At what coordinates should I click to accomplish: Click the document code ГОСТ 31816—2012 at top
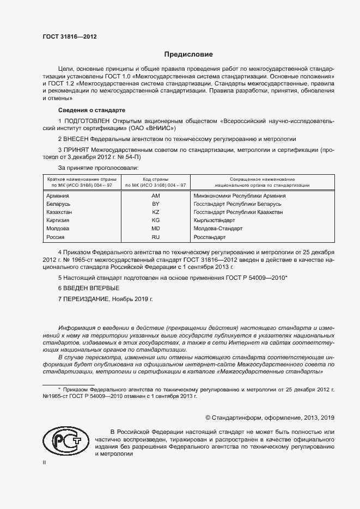[x=70, y=36]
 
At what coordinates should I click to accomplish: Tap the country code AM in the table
[x=155, y=195]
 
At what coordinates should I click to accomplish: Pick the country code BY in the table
[x=155, y=204]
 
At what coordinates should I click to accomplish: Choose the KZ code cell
[x=155, y=212]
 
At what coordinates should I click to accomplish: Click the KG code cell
[x=155, y=220]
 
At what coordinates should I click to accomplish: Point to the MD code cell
[x=155, y=229]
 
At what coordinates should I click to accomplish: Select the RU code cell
[x=155, y=238]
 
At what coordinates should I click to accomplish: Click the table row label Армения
[x=57, y=195]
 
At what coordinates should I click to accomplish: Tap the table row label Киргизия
[x=58, y=220]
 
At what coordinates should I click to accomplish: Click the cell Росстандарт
[x=209, y=238]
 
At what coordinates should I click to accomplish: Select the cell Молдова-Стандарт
[x=218, y=229]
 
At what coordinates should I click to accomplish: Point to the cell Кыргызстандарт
[x=214, y=220]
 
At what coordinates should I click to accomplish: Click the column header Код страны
[x=155, y=179]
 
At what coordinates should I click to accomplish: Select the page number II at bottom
[x=45, y=462]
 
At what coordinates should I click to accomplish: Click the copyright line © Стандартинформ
[x=269, y=418]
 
